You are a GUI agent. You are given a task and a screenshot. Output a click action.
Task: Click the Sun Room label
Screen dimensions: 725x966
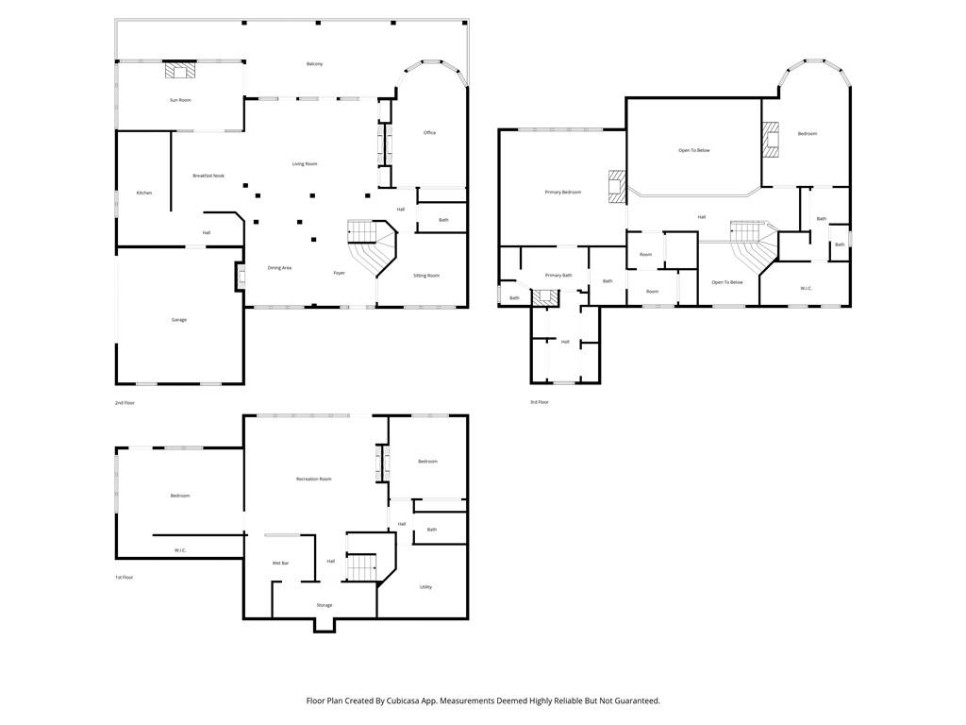pyautogui.click(x=180, y=100)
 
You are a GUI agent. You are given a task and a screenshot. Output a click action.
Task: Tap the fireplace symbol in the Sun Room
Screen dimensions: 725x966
pyautogui.click(x=181, y=71)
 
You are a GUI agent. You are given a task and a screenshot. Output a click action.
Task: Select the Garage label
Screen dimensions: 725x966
pyautogui.click(x=179, y=320)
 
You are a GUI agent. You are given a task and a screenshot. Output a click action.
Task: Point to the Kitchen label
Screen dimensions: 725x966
pyautogui.click(x=144, y=193)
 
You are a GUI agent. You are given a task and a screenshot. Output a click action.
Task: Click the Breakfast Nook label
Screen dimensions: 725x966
pyautogui.click(x=208, y=176)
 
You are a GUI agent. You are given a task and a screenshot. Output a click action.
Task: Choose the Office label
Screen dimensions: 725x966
pyautogui.click(x=429, y=133)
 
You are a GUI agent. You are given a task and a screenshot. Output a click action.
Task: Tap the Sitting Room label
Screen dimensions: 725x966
pyautogui.click(x=426, y=276)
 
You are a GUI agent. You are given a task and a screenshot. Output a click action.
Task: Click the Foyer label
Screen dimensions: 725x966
pyautogui.click(x=339, y=274)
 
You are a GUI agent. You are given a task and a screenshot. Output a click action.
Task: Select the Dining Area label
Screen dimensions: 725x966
pyautogui.click(x=279, y=268)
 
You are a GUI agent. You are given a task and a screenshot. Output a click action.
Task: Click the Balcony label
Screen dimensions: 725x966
pyautogui.click(x=315, y=64)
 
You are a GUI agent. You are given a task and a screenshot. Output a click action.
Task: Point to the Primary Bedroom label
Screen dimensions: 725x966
pyautogui.click(x=563, y=193)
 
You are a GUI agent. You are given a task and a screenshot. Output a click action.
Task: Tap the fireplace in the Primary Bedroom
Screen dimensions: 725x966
pyautogui.click(x=617, y=186)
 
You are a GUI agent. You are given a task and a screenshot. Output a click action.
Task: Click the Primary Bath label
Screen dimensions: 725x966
pyautogui.click(x=558, y=276)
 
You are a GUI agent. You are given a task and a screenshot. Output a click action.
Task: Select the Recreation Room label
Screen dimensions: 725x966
pyautogui.click(x=314, y=480)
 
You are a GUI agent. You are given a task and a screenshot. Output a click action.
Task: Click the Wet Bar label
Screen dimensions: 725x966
pyautogui.click(x=280, y=564)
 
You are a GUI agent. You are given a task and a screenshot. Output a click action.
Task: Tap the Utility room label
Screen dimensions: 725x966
pyautogui.click(x=425, y=587)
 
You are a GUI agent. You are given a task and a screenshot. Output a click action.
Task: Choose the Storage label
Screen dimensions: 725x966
pyautogui.click(x=325, y=605)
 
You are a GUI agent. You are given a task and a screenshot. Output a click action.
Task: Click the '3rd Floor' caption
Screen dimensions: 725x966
pyautogui.click(x=539, y=402)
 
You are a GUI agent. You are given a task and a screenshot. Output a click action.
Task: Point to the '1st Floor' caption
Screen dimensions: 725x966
pyautogui.click(x=125, y=577)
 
